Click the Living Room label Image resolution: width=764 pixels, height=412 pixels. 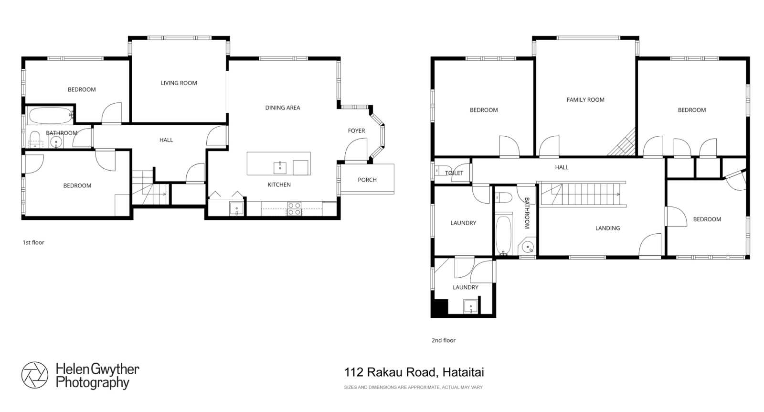click(179, 83)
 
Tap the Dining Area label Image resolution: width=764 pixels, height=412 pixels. click(283, 108)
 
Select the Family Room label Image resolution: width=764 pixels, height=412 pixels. click(585, 100)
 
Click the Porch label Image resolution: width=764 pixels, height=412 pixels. click(367, 180)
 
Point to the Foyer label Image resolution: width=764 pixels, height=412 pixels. click(356, 131)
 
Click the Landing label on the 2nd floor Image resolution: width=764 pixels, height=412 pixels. click(607, 228)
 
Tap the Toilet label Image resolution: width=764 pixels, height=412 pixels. click(454, 173)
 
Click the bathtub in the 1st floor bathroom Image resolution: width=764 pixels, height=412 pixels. click(50, 115)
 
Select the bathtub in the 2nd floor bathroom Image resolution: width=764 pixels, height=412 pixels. click(503, 235)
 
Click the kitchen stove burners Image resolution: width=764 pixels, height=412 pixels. click(294, 209)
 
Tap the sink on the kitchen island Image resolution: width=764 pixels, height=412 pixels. click(280, 168)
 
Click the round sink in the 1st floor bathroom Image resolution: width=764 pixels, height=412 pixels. click(56, 141)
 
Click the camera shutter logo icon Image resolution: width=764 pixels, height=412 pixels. click(34, 375)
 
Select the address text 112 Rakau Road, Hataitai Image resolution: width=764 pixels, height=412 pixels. click(414, 372)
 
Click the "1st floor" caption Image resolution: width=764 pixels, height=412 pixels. click(33, 242)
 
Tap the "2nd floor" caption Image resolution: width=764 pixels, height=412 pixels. click(444, 340)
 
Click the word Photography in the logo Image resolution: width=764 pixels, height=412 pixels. click(92, 383)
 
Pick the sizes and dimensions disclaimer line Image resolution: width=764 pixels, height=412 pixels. click(414, 388)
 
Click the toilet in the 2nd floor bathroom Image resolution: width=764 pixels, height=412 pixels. click(504, 197)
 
